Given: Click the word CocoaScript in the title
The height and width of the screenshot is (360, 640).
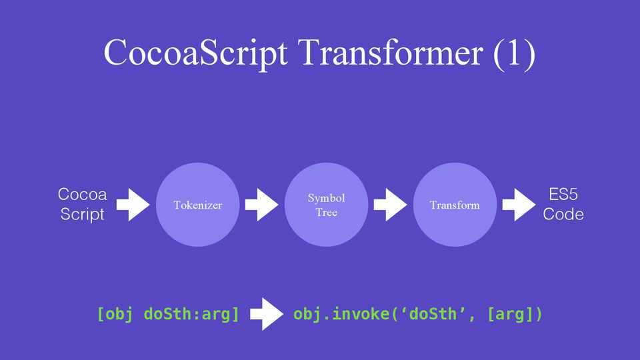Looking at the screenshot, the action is click(195, 53).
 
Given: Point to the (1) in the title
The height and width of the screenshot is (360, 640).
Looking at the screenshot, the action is click(514, 53).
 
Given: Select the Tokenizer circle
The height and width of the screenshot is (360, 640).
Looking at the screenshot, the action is click(197, 205).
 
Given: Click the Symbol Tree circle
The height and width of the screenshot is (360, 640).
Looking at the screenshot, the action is click(326, 205).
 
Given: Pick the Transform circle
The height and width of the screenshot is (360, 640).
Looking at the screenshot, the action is click(455, 205).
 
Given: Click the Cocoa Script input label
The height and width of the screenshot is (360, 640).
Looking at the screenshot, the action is click(82, 204).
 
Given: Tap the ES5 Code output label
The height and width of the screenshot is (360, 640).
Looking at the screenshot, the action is click(563, 204).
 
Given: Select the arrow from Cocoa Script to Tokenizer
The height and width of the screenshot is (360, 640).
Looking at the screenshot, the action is click(133, 205).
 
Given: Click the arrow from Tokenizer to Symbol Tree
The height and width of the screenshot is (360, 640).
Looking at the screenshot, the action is click(261, 205).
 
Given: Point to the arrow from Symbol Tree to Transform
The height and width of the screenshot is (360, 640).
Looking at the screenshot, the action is click(390, 205).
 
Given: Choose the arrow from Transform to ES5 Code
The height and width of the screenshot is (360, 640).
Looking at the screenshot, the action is click(519, 205).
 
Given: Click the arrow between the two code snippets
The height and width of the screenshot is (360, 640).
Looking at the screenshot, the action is click(267, 314).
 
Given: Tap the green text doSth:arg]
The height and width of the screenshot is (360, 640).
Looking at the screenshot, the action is click(191, 314).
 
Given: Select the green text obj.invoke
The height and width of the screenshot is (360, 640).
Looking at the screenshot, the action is click(341, 314).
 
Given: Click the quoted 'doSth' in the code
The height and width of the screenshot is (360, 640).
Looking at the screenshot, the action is click(433, 314).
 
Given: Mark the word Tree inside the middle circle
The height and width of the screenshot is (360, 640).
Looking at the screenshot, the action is click(326, 212).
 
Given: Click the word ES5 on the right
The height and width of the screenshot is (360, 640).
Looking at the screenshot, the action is click(563, 194).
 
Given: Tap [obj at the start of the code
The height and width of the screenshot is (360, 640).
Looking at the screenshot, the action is click(115, 314).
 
